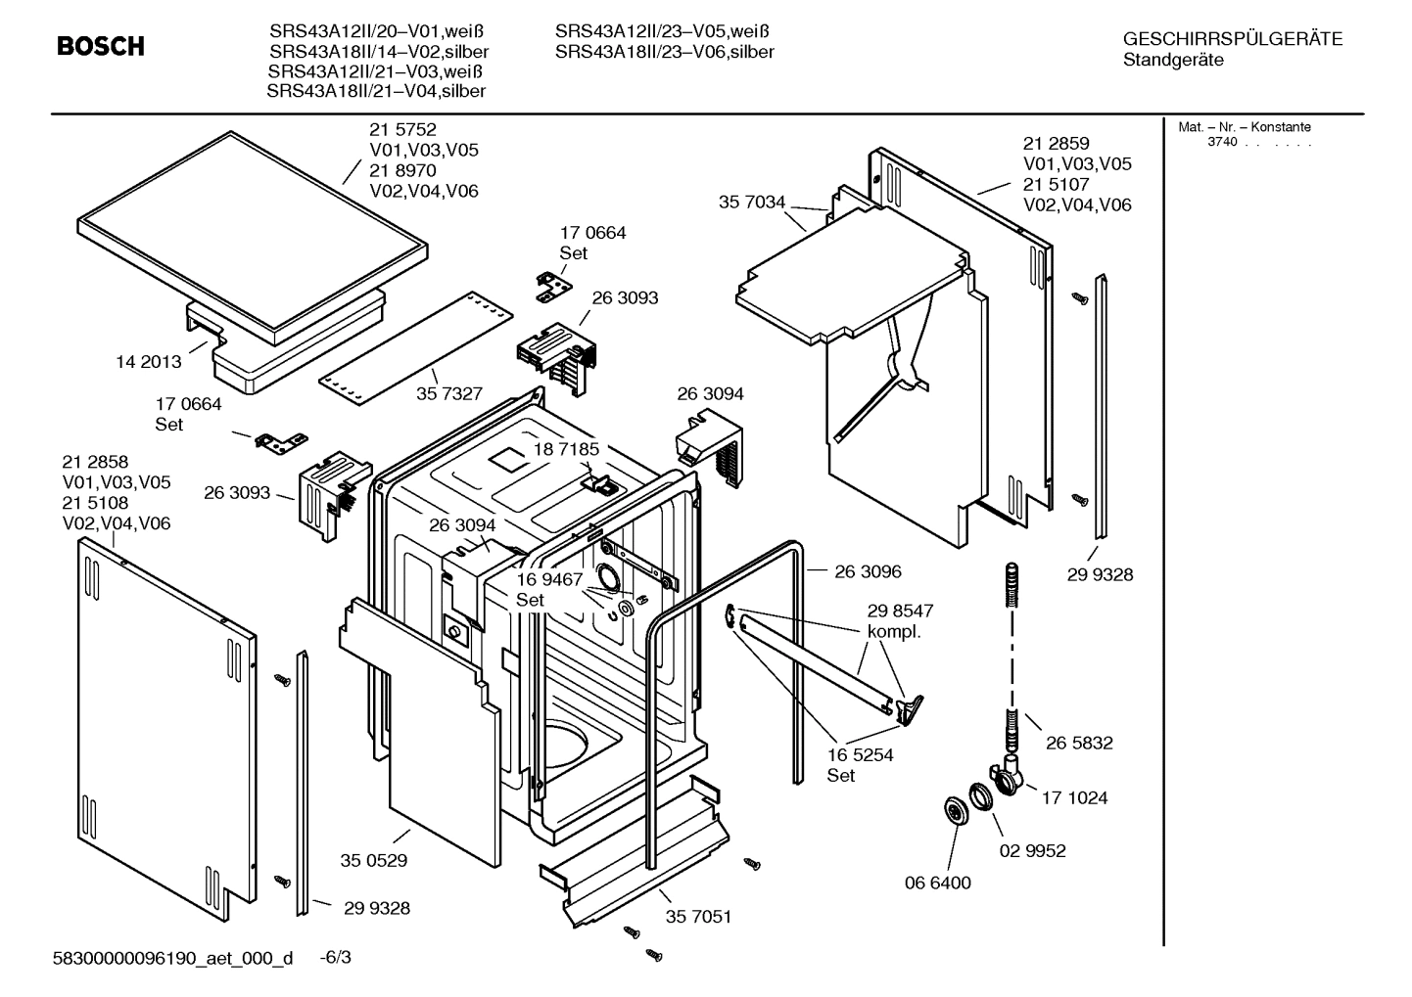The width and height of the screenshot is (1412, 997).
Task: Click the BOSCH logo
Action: (x=101, y=46)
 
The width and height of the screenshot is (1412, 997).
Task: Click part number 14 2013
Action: (x=149, y=362)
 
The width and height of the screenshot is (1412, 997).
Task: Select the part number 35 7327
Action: (x=449, y=393)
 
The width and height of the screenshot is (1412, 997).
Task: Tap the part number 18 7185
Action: (x=566, y=449)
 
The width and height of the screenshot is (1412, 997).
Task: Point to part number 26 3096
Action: (x=868, y=571)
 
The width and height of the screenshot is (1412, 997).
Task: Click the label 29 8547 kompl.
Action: (x=900, y=621)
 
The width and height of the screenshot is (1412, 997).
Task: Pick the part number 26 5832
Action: (x=1079, y=744)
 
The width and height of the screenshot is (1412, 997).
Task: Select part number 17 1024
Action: (x=1074, y=798)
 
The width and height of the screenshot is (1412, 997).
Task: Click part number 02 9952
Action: (x=1032, y=851)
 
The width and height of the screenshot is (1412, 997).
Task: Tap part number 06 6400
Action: (x=937, y=884)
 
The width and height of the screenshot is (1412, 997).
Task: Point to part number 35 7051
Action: (x=698, y=918)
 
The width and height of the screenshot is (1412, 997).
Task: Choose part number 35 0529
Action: (x=374, y=861)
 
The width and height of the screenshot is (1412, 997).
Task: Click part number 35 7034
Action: (x=752, y=203)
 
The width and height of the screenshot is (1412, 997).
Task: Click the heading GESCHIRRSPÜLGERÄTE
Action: (x=1233, y=39)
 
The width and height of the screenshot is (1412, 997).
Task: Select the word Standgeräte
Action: (x=1173, y=61)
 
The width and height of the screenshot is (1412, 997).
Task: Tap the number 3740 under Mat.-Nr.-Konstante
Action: (x=1222, y=142)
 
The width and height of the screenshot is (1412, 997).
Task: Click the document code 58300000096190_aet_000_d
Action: (x=172, y=958)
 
